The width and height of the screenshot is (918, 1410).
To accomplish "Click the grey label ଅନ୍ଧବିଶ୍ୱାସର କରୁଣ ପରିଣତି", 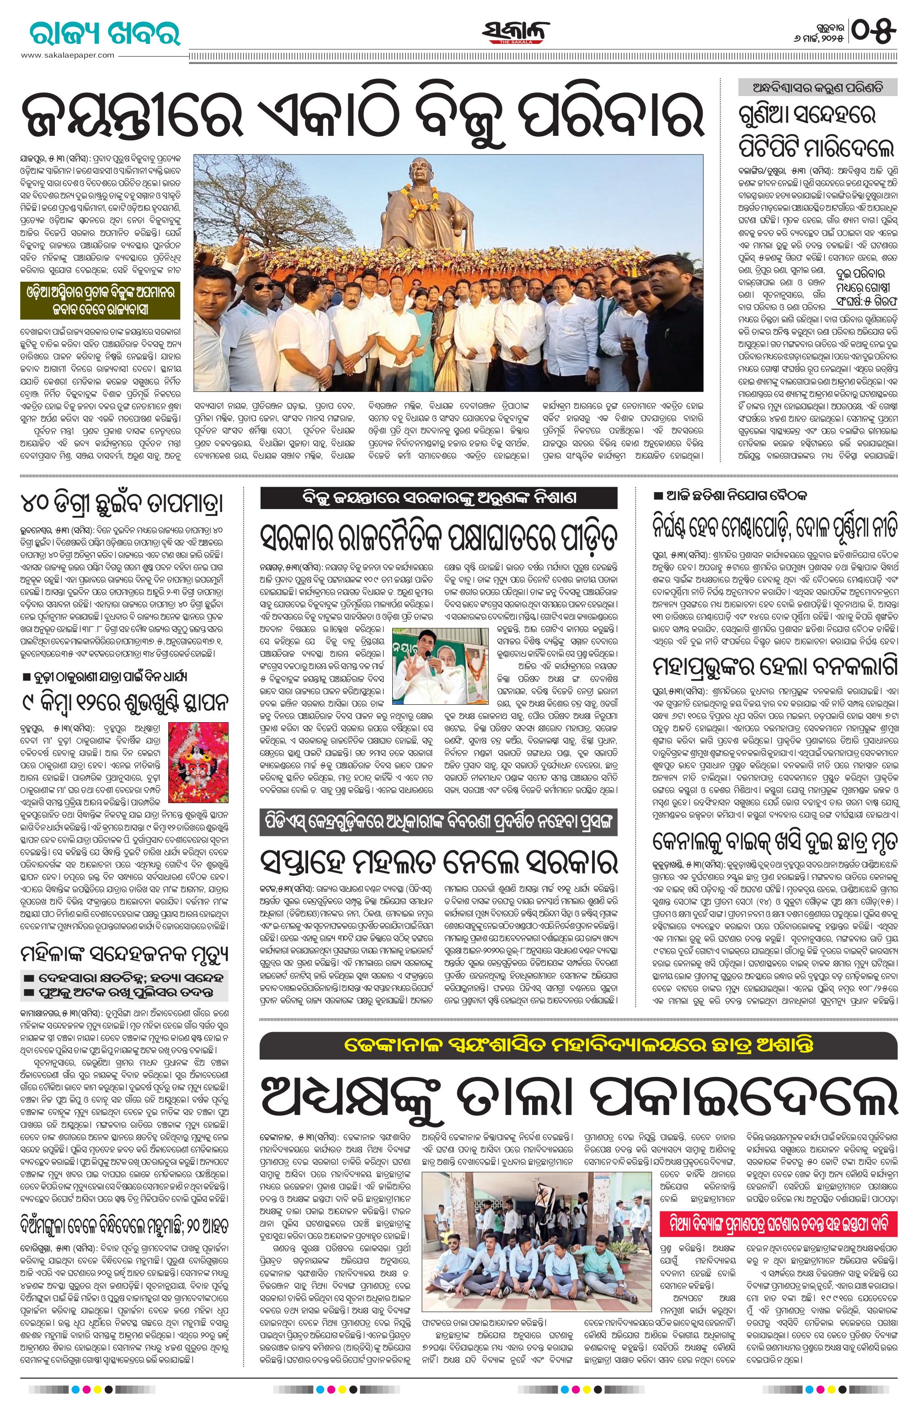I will (x=817, y=87).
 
